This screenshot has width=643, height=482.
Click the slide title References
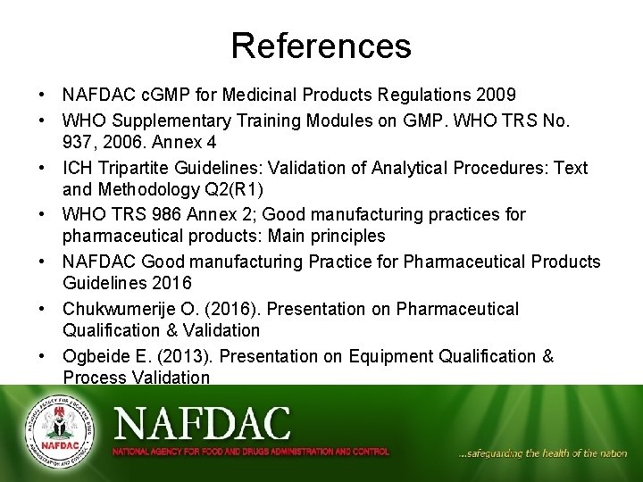tap(321, 46)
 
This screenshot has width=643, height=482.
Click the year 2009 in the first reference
tap(497, 95)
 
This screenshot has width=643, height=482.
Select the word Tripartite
tap(129, 168)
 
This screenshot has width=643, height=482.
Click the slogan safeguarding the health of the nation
tap(542, 453)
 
